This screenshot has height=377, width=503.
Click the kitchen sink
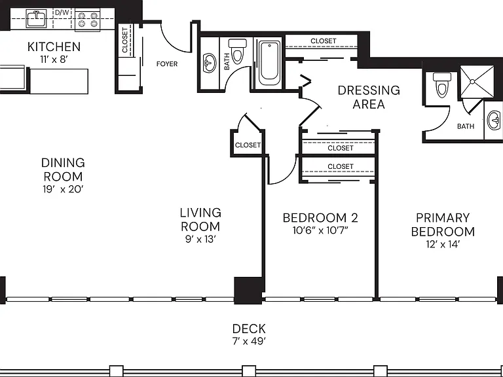pyautogui.click(x=36, y=18)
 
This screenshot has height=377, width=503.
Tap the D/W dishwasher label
pyautogui.click(x=62, y=12)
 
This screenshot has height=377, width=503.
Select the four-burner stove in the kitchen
pyautogui.click(x=88, y=20)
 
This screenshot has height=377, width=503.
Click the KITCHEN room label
pyautogui.click(x=54, y=47)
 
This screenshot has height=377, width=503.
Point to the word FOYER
pyautogui.click(x=167, y=64)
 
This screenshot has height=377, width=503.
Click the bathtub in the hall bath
pyautogui.click(x=269, y=63)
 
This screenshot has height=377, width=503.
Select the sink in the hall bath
pyautogui.click(x=210, y=63)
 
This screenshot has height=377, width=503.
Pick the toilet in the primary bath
pyautogui.click(x=441, y=84)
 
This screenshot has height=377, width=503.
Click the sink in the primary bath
pyautogui.click(x=494, y=120)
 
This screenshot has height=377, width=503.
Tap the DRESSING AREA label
pyautogui.click(x=369, y=97)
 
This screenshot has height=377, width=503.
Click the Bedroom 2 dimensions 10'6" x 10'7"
pyautogui.click(x=320, y=230)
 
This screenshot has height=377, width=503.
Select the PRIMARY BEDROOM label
pyautogui.click(x=443, y=224)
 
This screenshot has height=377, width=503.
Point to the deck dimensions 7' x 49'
pyautogui.click(x=250, y=342)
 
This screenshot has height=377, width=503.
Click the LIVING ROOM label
pyautogui.click(x=200, y=220)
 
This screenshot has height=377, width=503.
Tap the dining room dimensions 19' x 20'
pyautogui.click(x=63, y=189)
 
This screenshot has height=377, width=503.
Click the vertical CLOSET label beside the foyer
pyautogui.click(x=125, y=40)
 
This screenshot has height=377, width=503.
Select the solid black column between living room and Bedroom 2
pyautogui.click(x=249, y=291)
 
